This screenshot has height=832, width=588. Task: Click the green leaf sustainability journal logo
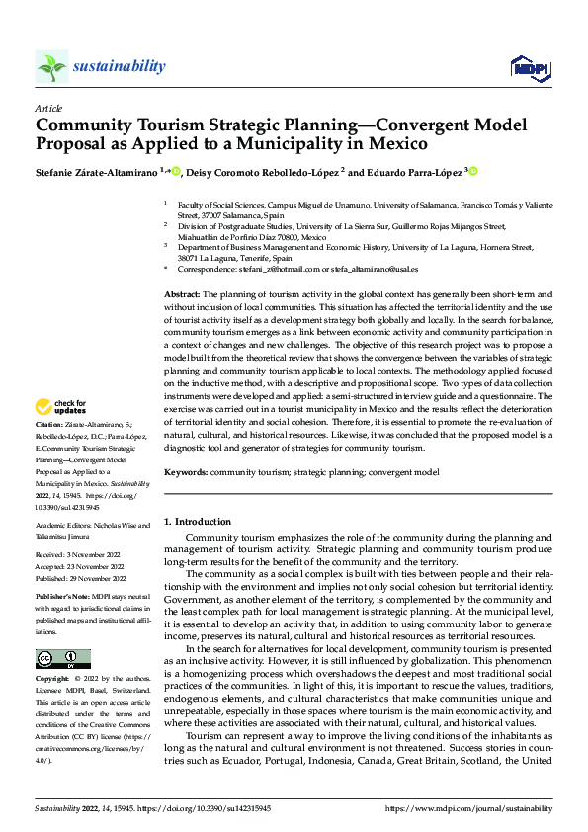point(51,67)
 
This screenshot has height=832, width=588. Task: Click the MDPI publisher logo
point(529,66)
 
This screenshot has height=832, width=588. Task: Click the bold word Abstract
point(181,295)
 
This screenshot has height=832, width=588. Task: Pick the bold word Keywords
point(186,473)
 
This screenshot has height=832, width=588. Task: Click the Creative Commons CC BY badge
point(62,659)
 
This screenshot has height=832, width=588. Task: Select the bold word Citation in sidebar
point(49,450)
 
